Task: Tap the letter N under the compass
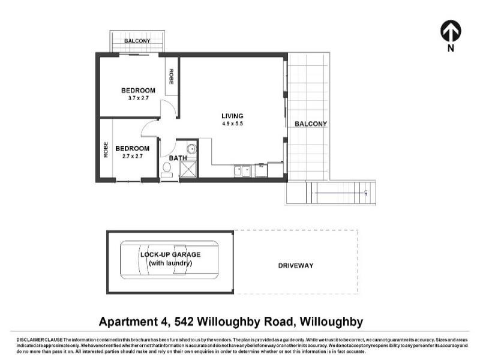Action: point(451,49)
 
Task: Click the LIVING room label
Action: point(232,116)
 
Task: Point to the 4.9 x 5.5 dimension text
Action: point(232,124)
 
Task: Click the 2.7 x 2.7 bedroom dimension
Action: point(132,156)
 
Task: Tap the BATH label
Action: point(178,158)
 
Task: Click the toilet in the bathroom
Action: point(167,169)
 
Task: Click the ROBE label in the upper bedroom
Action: point(171,76)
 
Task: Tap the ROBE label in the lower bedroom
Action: point(106,148)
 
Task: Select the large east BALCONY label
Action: point(311,124)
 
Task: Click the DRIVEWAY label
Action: point(296,265)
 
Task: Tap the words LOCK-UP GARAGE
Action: point(170,254)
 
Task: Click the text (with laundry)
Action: point(170,263)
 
